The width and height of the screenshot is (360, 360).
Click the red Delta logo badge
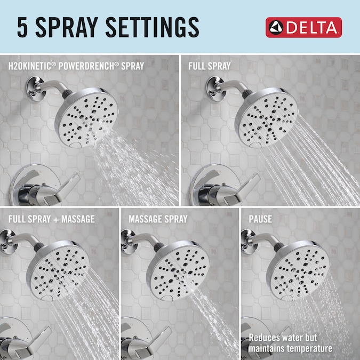click(303, 27)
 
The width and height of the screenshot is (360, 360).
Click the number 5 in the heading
click(22, 27)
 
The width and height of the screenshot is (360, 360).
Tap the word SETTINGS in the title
click(152, 27)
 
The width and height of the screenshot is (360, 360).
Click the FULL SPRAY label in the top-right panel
click(210, 66)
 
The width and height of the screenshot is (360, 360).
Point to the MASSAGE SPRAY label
click(158, 219)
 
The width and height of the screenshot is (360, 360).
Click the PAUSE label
click(260, 219)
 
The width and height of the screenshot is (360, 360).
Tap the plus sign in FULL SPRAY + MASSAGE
click(56, 220)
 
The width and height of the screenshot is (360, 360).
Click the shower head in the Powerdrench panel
click(86, 117)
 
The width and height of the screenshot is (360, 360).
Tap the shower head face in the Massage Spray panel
click(179, 271)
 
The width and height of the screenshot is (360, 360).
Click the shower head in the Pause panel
click(298, 270)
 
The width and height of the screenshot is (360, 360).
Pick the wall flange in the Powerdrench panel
click(35, 89)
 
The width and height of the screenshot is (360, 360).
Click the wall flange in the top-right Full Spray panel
click(214, 89)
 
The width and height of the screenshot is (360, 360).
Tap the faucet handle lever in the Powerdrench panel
click(63, 189)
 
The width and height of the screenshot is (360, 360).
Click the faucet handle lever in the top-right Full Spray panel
click(243, 189)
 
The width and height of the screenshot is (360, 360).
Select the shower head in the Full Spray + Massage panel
click(58, 270)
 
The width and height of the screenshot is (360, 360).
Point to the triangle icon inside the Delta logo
click(276, 28)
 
